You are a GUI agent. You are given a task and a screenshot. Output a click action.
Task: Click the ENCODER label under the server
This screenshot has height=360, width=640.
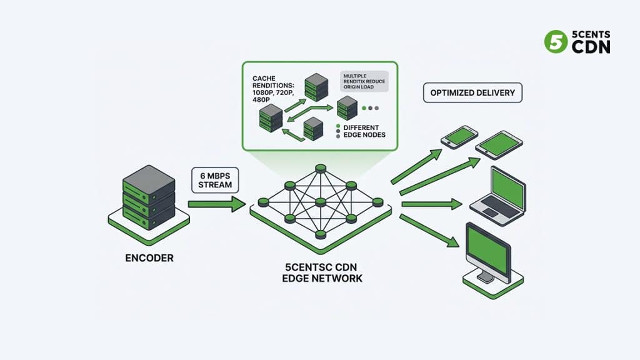(x=148, y=257)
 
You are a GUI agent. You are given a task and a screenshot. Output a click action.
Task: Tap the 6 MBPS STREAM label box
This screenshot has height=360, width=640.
(x=216, y=180)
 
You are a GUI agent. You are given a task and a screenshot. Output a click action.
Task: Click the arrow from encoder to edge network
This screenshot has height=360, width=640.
(x=216, y=204)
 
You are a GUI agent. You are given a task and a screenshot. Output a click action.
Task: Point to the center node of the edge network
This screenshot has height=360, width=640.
(x=320, y=202)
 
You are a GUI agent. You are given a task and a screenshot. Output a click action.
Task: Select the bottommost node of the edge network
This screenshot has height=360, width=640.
(x=320, y=234)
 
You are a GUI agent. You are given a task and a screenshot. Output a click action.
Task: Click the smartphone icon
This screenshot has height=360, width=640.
(x=459, y=137)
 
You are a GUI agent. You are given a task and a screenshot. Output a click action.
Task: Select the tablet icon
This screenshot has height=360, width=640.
(x=498, y=144)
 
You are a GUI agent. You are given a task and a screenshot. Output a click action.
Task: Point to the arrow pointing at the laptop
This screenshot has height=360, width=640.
(x=431, y=204)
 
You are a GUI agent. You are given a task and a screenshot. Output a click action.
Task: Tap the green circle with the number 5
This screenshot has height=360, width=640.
(x=555, y=42)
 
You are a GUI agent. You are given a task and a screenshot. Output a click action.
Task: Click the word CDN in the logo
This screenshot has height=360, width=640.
(x=591, y=47)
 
